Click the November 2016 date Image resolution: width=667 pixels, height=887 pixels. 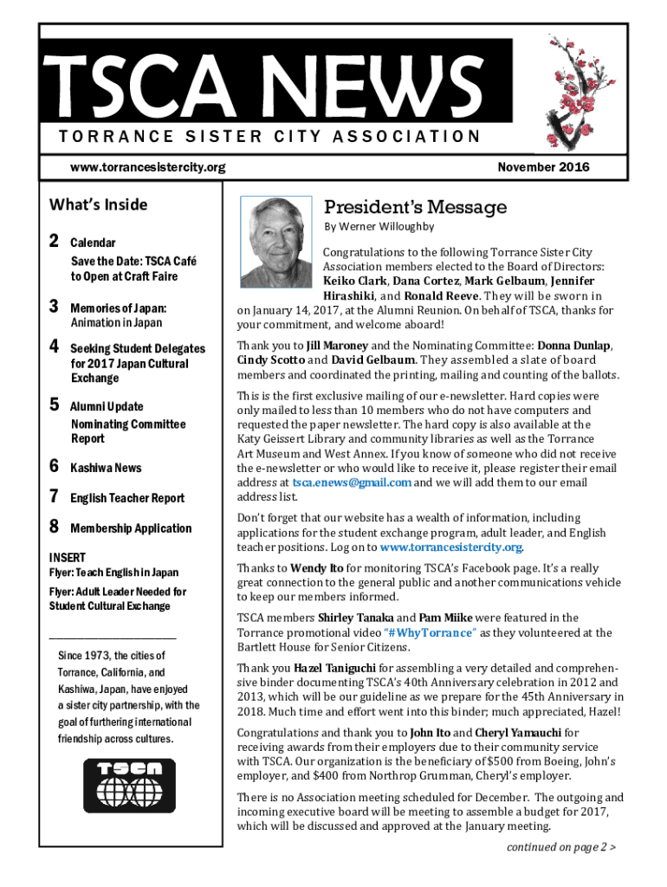544,167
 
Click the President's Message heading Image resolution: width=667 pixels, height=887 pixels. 415,207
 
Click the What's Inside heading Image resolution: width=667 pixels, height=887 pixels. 99,205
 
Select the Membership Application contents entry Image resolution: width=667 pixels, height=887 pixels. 131,528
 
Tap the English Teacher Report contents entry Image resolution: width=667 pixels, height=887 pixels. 127,498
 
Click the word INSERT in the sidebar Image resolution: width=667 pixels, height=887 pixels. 66,557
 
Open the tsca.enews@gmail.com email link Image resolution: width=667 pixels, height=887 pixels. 352,482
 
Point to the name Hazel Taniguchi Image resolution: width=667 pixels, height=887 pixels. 334,669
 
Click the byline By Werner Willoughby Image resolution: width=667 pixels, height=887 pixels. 379,227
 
